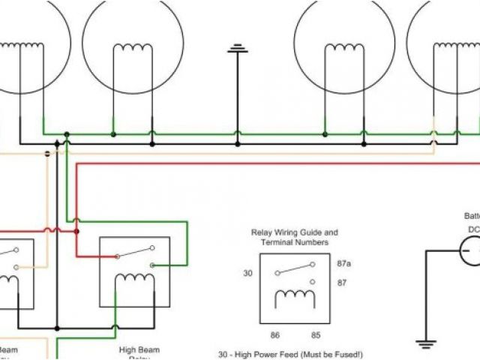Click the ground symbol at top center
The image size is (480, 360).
[x=238, y=49]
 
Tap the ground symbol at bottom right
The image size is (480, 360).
[x=426, y=343]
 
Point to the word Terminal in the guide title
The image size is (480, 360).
[x=276, y=243]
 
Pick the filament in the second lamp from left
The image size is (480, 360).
[x=133, y=49]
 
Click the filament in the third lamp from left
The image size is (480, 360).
[x=344, y=49]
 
